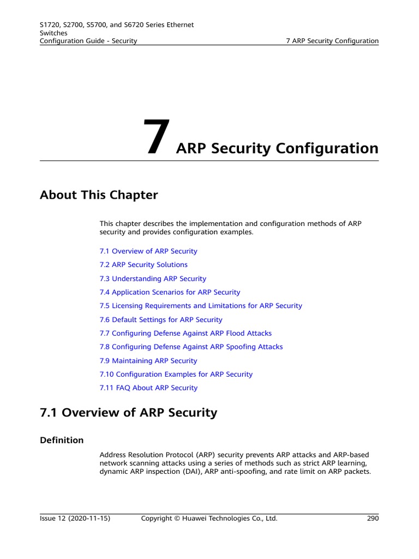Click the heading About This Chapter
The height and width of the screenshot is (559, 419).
pyautogui.click(x=99, y=195)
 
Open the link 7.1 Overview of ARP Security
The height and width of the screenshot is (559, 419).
pyautogui.click(x=148, y=251)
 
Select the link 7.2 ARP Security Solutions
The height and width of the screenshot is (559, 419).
pyautogui.click(x=143, y=265)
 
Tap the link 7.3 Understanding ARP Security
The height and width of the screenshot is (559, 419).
pyautogui.click(x=153, y=278)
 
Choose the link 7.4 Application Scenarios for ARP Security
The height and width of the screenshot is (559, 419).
pyautogui.click(x=170, y=292)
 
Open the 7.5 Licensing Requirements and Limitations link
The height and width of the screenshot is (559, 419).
pyautogui.click(x=201, y=306)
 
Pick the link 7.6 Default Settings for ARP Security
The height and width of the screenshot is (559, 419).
pyautogui.click(x=161, y=319)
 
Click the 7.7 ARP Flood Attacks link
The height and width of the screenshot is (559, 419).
pyautogui.click(x=185, y=333)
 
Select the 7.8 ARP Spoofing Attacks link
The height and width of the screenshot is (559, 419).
pyautogui.click(x=191, y=347)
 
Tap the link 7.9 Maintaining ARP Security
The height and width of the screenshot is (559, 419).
pyautogui.click(x=148, y=361)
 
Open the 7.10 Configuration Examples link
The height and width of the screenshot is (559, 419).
pyautogui.click(x=176, y=374)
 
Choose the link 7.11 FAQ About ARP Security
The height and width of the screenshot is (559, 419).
pyautogui.click(x=148, y=388)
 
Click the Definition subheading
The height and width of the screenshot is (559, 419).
pyautogui.click(x=62, y=440)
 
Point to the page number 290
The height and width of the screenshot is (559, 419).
pyautogui.click(x=373, y=519)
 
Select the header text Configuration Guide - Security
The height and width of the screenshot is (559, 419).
pyautogui.click(x=88, y=41)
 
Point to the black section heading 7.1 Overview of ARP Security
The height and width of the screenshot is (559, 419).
pyautogui.click(x=128, y=413)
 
